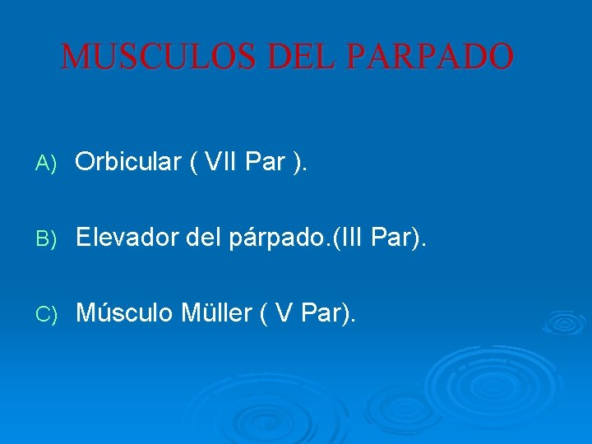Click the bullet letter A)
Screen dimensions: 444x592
pos(45,164)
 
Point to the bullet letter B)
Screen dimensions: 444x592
pos(45,239)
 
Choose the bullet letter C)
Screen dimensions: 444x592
pos(45,314)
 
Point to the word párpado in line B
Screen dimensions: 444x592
pos(277,239)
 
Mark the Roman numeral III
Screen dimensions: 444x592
pos(350,238)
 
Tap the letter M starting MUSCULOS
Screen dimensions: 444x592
pos(76,57)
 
